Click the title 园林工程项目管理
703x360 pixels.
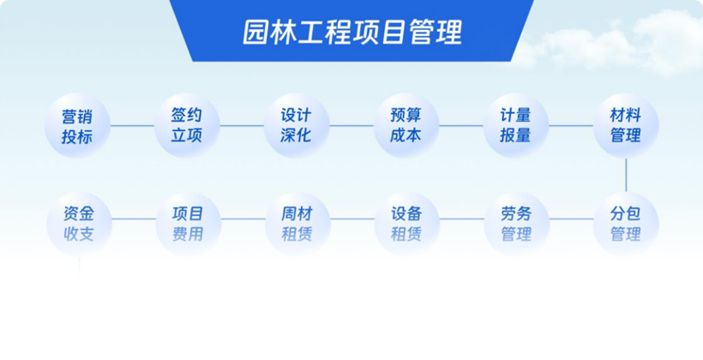coord(352,32)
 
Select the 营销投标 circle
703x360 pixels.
coord(77,125)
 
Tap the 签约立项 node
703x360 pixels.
coord(187,125)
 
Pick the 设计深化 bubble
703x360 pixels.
coord(297,125)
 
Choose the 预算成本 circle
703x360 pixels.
coord(406,125)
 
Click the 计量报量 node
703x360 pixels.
coord(515,125)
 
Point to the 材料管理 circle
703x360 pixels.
coord(626,125)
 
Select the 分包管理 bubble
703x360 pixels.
coord(626,224)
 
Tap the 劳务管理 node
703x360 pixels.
coord(516,224)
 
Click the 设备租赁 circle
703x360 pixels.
coord(406,224)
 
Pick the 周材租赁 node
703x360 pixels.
coord(297,224)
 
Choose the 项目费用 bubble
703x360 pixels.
coord(189,224)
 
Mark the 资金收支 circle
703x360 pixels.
coord(79,224)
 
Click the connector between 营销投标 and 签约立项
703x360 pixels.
coord(132,125)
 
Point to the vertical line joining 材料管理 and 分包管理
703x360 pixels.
coord(626,175)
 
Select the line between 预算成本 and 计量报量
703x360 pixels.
coord(461,125)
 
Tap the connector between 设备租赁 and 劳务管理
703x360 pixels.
coord(462,219)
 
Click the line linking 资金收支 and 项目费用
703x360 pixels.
coord(134,219)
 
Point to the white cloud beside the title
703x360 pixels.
coord(614,43)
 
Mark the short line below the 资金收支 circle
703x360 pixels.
coord(80,266)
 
